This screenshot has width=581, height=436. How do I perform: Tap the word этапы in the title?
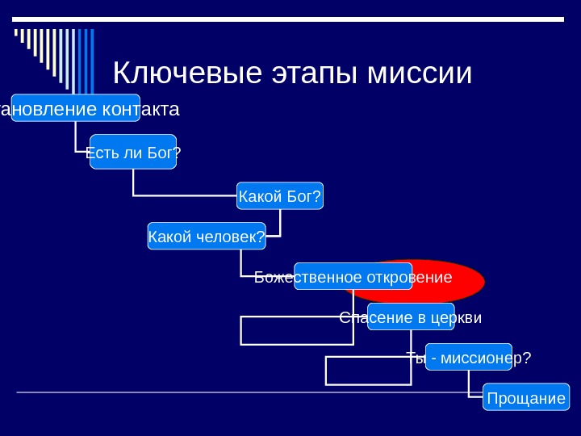(314, 73)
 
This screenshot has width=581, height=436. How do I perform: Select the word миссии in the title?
(419, 73)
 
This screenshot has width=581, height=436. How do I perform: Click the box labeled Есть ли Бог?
(133, 152)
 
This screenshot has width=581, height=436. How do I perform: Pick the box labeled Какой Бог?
(279, 195)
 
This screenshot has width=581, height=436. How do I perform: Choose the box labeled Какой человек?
(207, 236)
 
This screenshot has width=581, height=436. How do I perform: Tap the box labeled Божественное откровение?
(353, 276)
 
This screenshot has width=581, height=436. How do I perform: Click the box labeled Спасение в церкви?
(411, 317)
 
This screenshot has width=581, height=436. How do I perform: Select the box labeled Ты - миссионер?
(469, 357)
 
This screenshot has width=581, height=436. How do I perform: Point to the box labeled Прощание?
(526, 397)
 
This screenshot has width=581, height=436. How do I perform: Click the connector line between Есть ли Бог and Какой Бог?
(186, 195)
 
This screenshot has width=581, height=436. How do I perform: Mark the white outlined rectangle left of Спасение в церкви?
(295, 330)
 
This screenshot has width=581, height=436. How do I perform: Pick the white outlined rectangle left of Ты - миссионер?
(368, 371)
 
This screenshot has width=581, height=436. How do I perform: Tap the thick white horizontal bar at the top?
(290, 19)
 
